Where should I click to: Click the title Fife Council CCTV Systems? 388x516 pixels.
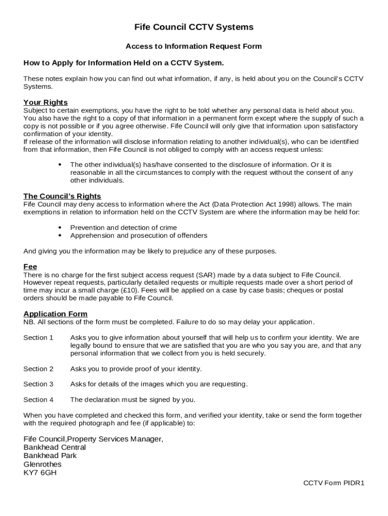[193, 27]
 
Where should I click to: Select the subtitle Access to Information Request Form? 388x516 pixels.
[193, 46]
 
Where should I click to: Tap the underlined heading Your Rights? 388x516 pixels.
[45, 102]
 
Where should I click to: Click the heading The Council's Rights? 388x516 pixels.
[62, 196]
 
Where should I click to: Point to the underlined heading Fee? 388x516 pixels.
[30, 267]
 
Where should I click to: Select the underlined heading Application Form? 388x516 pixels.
[55, 313]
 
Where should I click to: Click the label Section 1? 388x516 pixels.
[38, 338]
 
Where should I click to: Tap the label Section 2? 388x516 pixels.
[38, 369]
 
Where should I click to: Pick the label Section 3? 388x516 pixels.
[38, 384]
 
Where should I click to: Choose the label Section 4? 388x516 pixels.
[38, 400]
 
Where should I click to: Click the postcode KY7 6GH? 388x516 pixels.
[40, 473]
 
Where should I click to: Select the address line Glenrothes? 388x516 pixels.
[42, 464]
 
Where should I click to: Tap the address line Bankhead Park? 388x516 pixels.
[50, 456]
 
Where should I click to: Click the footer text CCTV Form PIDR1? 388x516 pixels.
[334, 483]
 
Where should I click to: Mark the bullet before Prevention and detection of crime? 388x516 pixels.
[60, 228]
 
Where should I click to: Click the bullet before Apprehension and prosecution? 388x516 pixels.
[60, 235]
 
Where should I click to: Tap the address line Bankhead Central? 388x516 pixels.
[54, 447]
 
